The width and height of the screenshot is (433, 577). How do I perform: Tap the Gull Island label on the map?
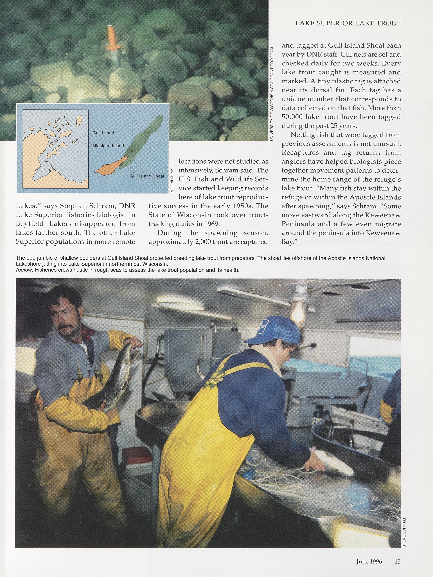pyautogui.click(x=103, y=133)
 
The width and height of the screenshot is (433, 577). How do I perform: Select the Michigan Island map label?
pyautogui.click(x=108, y=146)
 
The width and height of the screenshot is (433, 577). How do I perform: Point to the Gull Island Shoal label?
pyautogui.click(x=147, y=176)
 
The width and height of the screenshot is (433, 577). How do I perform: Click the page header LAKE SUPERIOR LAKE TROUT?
pyautogui.click(x=348, y=23)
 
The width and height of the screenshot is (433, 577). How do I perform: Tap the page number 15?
pyautogui.click(x=398, y=559)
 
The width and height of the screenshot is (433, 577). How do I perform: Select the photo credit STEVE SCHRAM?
pyautogui.click(x=404, y=520)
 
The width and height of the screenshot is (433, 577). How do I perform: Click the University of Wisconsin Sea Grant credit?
pyautogui.click(x=272, y=94)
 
